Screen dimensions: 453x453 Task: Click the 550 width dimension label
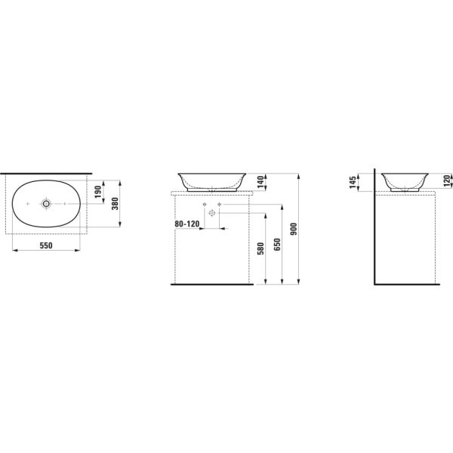tap(46, 245)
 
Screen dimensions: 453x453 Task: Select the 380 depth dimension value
tap(116, 203)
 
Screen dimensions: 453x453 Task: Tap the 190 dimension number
tap(98, 192)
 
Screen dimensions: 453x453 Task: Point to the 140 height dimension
tap(260, 182)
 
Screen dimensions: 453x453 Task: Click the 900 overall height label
tap(294, 229)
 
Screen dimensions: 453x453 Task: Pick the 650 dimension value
tap(277, 245)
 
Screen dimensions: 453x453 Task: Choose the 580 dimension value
tap(260, 248)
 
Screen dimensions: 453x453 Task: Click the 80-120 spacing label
tap(187, 224)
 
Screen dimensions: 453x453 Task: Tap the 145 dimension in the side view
tap(353, 183)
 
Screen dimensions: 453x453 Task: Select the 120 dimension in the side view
tap(447, 181)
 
